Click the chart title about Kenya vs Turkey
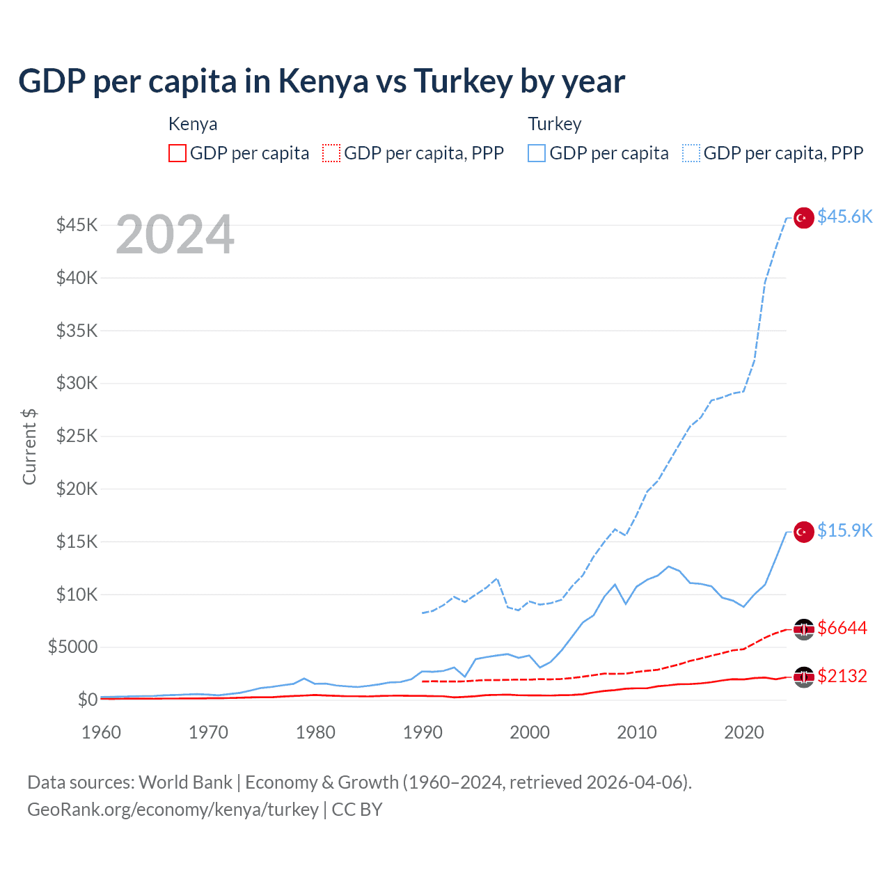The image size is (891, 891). [x=321, y=81]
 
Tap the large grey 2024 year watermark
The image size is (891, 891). [x=175, y=235]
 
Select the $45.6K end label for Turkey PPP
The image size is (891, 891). [x=844, y=217]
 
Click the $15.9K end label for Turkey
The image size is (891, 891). [x=844, y=531]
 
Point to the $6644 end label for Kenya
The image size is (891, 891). [x=842, y=629]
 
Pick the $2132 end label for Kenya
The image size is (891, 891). [x=842, y=677]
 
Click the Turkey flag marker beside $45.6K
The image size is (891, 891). [x=804, y=218]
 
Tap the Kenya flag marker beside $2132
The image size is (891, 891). [x=804, y=677]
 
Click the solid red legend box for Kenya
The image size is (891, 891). [x=178, y=153]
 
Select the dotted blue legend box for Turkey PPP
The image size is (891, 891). [x=691, y=153]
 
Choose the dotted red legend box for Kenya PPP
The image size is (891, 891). [x=331, y=153]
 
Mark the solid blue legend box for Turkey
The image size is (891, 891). [x=537, y=153]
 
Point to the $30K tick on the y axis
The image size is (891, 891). [x=77, y=384]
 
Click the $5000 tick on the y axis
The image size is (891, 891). [x=73, y=647]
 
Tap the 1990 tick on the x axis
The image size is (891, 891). [x=423, y=732]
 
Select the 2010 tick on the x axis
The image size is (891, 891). [x=637, y=732]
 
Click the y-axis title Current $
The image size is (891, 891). [x=29, y=446]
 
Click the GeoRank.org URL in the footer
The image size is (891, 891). [x=173, y=810]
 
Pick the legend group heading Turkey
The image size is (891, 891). [x=554, y=124]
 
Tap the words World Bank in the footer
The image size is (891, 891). [x=185, y=782]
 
